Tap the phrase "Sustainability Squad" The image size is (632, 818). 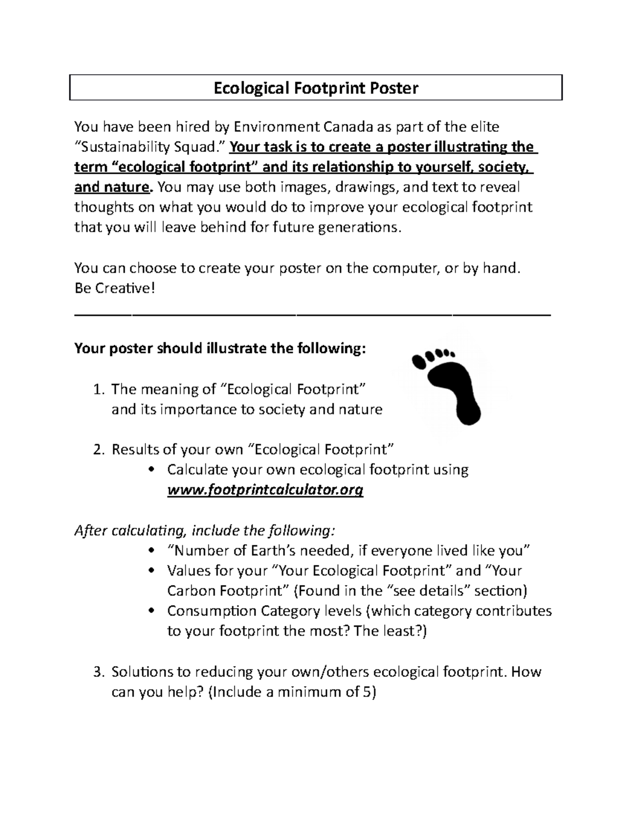151,147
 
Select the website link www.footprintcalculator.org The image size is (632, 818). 265,490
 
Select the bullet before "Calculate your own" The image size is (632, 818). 152,470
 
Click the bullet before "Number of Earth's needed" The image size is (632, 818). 152,551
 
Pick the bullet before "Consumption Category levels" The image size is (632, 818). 152,611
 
